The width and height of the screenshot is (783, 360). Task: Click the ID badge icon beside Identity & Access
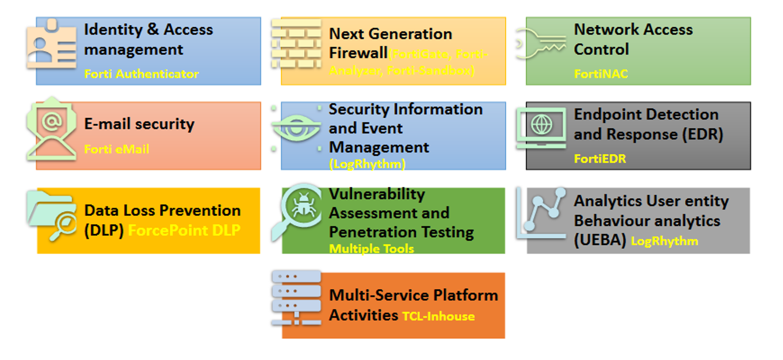pyautogui.click(x=51, y=45)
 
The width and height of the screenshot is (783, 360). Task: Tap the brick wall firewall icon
pyautogui.click(x=296, y=44)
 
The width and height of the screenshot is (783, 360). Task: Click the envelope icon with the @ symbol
pyautogui.click(x=51, y=129)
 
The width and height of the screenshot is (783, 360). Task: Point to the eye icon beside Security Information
pyautogui.click(x=296, y=128)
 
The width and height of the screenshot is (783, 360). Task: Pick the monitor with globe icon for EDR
pyautogui.click(x=541, y=128)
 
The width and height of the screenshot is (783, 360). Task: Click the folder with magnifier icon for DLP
pyautogui.click(x=52, y=216)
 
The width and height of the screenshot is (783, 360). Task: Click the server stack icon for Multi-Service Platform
pyautogui.click(x=296, y=298)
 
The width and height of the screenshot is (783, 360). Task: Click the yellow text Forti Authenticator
pyautogui.click(x=142, y=74)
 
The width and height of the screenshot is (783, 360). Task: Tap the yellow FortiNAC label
pyautogui.click(x=601, y=74)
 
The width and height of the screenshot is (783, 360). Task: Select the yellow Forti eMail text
pyautogui.click(x=116, y=150)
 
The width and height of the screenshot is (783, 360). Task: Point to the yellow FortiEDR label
pyautogui.click(x=599, y=159)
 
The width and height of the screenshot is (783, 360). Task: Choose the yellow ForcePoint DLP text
pyautogui.click(x=184, y=231)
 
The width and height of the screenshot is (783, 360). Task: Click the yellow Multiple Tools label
pyautogui.click(x=371, y=249)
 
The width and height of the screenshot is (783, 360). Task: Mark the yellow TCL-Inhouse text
pyautogui.click(x=438, y=316)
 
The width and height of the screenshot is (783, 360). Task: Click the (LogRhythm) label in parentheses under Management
pyautogui.click(x=367, y=164)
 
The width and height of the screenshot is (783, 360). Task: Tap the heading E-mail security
pyautogui.click(x=139, y=124)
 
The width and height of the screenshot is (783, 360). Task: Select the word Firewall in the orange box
pyautogui.click(x=357, y=53)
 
